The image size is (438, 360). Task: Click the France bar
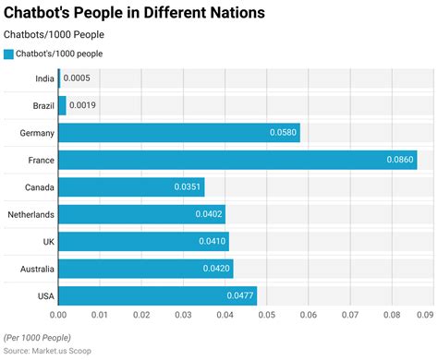237,160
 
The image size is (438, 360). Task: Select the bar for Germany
178,133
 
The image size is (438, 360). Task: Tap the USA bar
157,295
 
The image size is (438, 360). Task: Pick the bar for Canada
130,187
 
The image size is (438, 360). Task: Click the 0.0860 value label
399,161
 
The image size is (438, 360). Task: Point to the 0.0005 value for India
77,79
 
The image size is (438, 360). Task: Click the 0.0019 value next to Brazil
83,106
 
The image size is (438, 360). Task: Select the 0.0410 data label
211,242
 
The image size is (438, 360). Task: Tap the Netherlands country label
30,214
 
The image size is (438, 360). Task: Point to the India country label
43,79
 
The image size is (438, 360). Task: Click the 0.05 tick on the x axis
266,316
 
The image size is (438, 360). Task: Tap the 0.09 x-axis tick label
424,316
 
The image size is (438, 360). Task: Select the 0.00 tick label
58,316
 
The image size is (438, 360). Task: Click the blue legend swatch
8,54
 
